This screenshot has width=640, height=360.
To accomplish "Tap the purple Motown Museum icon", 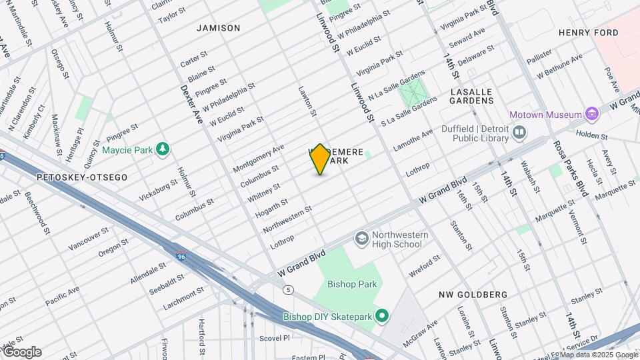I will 591,115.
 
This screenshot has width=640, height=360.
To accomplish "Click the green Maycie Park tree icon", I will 161,149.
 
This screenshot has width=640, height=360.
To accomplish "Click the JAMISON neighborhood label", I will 218,28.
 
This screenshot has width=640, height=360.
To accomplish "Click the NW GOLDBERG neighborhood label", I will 473,294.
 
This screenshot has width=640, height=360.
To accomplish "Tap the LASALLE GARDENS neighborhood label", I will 472,96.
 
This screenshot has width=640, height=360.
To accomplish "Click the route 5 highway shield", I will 288,289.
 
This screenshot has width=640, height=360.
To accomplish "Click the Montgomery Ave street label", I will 258,158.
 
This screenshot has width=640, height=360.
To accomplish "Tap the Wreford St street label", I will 425,263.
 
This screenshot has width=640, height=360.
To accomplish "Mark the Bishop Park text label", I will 352,284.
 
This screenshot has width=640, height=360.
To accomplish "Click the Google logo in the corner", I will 22,352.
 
